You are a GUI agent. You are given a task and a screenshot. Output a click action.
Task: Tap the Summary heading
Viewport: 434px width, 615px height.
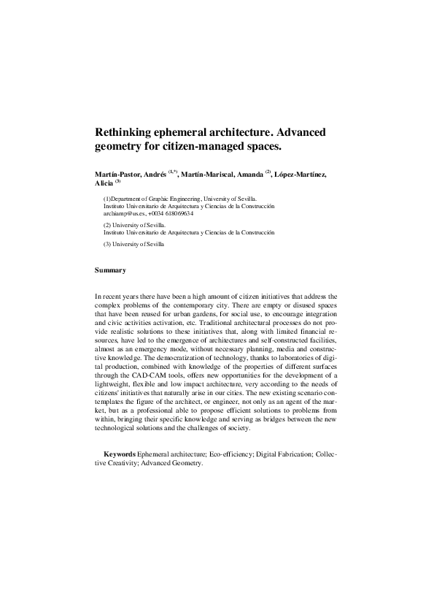pyautogui.click(x=110, y=270)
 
